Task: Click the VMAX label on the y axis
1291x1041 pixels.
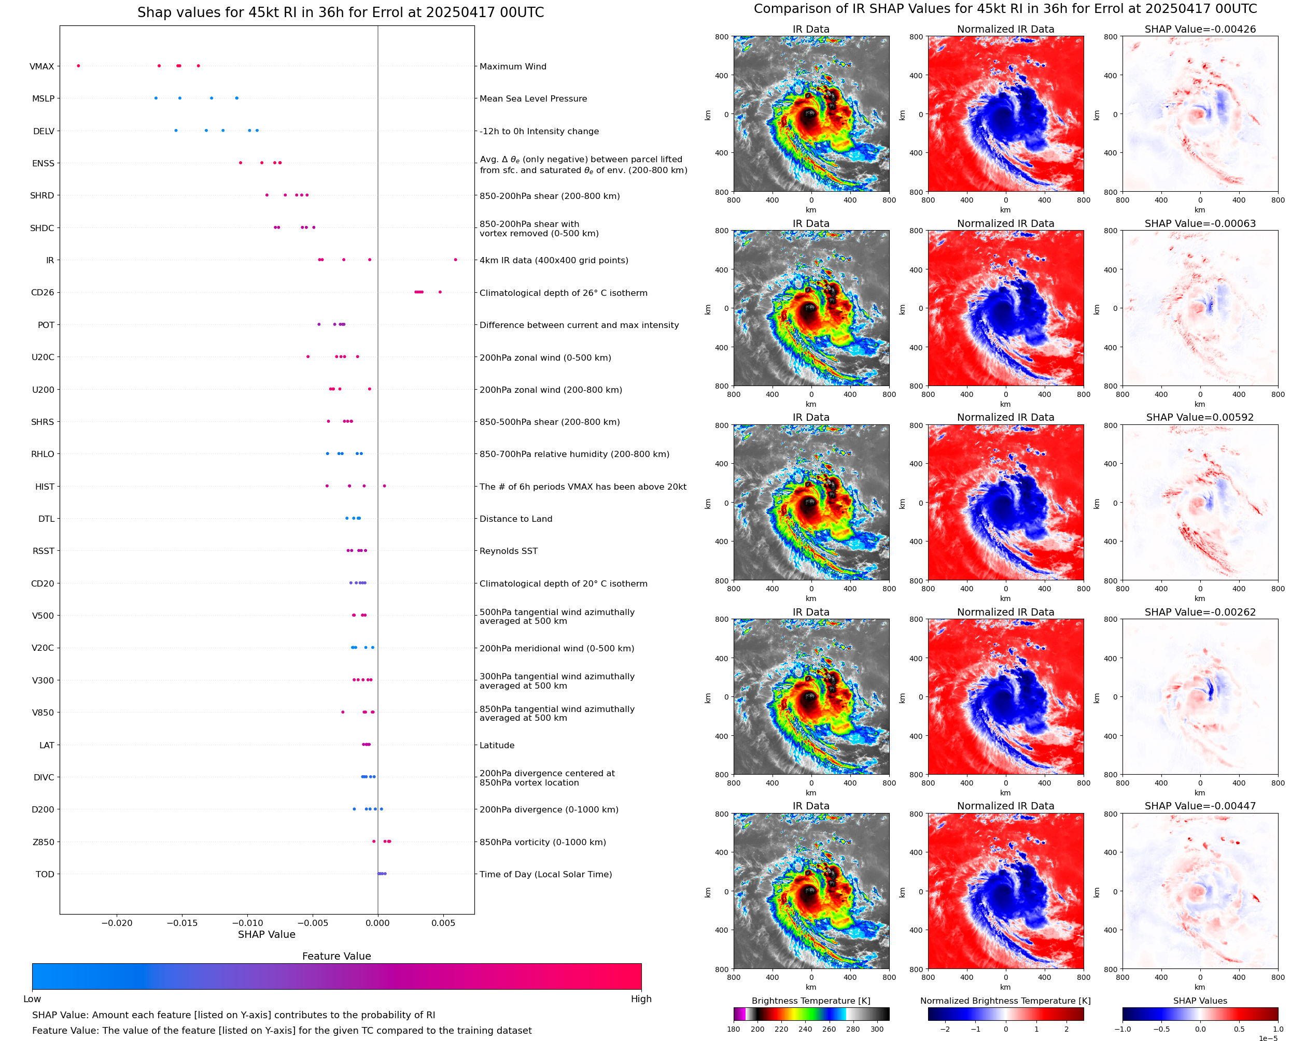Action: point(41,66)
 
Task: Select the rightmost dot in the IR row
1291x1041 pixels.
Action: point(455,260)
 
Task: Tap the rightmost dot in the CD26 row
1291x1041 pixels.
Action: point(440,292)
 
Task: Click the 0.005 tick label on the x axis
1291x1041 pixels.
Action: point(443,923)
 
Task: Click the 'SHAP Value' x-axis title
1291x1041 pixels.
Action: point(266,934)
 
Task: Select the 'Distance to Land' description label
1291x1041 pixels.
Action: point(515,519)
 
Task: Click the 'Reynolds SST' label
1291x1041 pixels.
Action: point(508,551)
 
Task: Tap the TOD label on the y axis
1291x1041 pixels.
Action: point(45,874)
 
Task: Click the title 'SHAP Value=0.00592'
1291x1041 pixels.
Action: point(1200,417)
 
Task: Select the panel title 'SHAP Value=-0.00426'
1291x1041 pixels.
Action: point(1200,29)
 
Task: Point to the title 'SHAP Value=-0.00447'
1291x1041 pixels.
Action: point(1200,806)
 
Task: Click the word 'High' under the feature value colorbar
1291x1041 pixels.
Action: point(641,999)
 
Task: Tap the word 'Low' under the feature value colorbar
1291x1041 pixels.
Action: point(32,999)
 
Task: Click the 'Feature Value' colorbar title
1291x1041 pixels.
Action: point(336,956)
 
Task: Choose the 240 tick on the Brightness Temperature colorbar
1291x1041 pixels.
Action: point(805,1029)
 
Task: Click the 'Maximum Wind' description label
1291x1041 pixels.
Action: point(513,66)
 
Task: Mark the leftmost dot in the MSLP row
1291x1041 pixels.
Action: point(156,98)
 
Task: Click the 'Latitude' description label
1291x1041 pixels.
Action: point(497,745)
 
